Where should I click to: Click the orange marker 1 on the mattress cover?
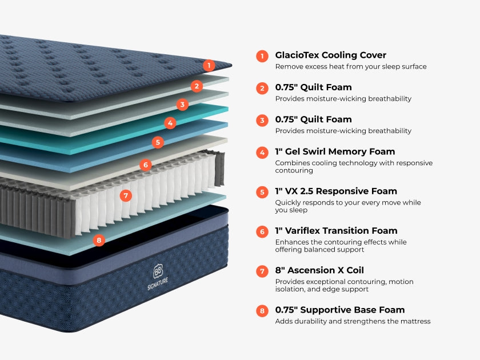pyautogui.click(x=209, y=65)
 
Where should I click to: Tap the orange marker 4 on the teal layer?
pyautogui.click(x=170, y=123)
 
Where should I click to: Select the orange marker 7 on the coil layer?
pyautogui.click(x=126, y=195)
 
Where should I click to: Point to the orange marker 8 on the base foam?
pyautogui.click(x=99, y=240)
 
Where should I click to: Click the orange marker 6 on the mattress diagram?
pyautogui.click(x=146, y=165)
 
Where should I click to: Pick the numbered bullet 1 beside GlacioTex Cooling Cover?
pyautogui.click(x=262, y=56)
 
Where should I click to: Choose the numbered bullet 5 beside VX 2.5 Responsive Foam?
pyautogui.click(x=262, y=192)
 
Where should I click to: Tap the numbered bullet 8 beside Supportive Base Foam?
pyautogui.click(x=262, y=311)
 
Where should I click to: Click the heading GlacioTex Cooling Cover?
pyautogui.click(x=330, y=55)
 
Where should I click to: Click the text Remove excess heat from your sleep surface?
pyautogui.click(x=350, y=67)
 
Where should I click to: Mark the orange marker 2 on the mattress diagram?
pyautogui.click(x=197, y=86)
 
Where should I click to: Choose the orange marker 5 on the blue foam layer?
pyautogui.click(x=158, y=142)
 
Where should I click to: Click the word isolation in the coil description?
pyautogui.click(x=290, y=289)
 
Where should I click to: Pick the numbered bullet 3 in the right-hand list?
pyautogui.click(x=262, y=120)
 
